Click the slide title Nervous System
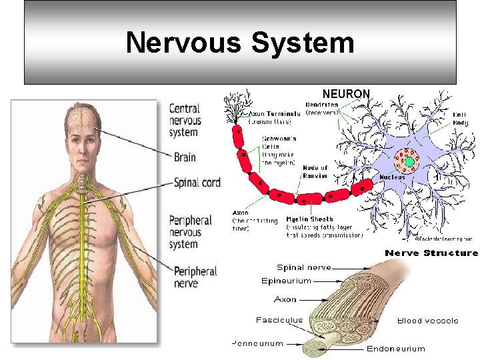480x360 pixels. click(239, 43)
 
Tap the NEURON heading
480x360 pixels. click(346, 94)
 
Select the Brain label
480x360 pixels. click(185, 157)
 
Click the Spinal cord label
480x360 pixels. click(197, 182)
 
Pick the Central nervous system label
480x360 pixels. click(185, 120)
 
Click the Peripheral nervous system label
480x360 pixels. click(190, 232)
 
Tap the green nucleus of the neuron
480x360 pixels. click(409, 162)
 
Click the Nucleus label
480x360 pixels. click(393, 177)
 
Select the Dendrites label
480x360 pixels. click(321, 105)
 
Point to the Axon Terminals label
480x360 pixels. click(275, 114)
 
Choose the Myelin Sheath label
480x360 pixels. click(309, 219)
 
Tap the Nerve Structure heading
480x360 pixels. click(431, 253)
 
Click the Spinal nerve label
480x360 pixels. click(303, 267)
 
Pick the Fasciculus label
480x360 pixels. click(279, 319)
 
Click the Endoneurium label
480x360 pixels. click(395, 348)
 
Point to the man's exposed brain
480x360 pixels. click(82, 117)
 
